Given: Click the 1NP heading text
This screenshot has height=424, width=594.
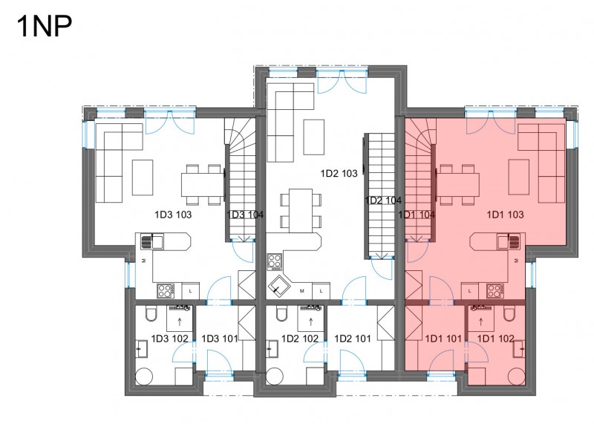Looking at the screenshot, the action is pyautogui.click(x=45, y=26).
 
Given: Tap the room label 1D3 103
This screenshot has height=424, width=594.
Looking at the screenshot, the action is pyautogui.click(x=173, y=215).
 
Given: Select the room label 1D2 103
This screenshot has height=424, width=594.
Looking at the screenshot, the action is pyautogui.click(x=339, y=174).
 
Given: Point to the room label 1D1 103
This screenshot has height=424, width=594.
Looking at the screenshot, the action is pyautogui.click(x=505, y=215).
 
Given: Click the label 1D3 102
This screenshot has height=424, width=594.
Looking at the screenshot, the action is pyautogui.click(x=170, y=339).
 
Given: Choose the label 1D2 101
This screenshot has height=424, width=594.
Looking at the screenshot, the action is pyautogui.click(x=353, y=339).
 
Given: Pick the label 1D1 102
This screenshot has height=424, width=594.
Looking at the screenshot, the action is pyautogui.click(x=496, y=339).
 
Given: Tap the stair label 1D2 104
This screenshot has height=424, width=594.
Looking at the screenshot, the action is pyautogui.click(x=383, y=200).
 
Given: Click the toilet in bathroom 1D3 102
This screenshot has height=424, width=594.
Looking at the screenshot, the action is pyautogui.click(x=151, y=313).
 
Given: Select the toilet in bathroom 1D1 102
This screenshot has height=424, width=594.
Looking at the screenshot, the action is pyautogui.click(x=509, y=313).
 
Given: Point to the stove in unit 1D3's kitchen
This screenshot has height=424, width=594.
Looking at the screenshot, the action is pyautogui.click(x=166, y=291).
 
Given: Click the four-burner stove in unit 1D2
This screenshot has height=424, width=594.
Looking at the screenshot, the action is pyautogui.click(x=275, y=262).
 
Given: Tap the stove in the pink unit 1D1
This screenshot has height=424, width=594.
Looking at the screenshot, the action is pyautogui.click(x=495, y=291).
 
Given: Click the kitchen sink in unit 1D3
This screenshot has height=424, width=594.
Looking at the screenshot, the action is pyautogui.click(x=152, y=242).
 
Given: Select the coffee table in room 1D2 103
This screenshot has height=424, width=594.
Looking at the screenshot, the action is pyautogui.click(x=313, y=137).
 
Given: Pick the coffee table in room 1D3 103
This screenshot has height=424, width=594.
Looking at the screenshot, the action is pyautogui.click(x=143, y=177).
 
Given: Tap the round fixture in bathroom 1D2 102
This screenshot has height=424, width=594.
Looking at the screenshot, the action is pyautogui.click(x=274, y=376).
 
